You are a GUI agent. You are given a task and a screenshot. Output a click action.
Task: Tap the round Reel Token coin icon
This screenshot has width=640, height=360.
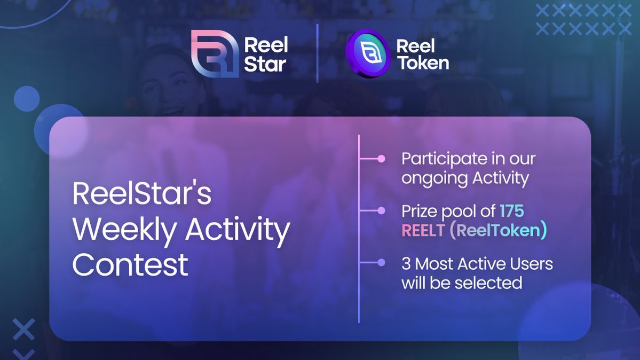point(367,54)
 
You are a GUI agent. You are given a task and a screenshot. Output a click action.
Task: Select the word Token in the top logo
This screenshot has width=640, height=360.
point(422,64)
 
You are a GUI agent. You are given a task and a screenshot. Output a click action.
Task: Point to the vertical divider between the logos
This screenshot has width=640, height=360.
point(318,53)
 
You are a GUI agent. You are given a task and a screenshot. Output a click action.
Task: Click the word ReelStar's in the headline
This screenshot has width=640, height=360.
point(142,194)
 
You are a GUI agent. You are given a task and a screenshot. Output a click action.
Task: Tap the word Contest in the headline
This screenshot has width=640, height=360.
point(130,264)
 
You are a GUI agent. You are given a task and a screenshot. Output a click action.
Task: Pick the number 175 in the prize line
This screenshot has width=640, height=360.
point(511,211)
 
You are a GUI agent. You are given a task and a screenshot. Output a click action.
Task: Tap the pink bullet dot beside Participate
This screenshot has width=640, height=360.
point(381,159)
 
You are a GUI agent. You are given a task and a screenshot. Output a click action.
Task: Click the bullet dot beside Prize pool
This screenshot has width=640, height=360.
point(381,211)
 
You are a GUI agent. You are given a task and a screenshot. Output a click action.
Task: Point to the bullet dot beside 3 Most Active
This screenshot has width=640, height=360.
point(381,262)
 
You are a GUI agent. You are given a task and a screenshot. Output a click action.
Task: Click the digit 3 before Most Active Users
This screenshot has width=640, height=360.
point(406,263)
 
